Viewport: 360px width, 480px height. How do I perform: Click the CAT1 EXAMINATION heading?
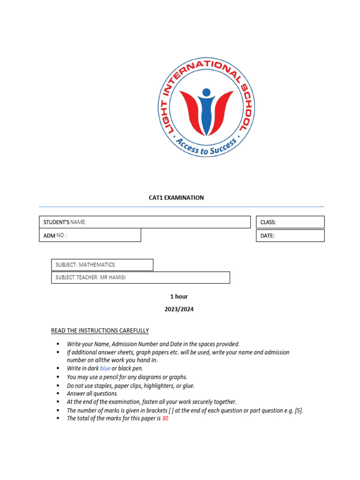(x=176, y=198)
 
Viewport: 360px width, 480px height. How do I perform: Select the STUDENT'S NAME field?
(x=144, y=222)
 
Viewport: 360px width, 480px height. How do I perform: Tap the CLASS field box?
(x=290, y=222)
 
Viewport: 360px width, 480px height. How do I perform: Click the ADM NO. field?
(x=90, y=235)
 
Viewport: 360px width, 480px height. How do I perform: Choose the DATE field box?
(x=290, y=236)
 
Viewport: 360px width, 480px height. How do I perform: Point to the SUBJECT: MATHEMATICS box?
(x=102, y=265)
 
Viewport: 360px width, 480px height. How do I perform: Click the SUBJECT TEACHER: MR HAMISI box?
(x=141, y=277)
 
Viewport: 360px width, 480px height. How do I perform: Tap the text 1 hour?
(x=179, y=297)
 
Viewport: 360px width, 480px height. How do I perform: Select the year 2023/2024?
(x=179, y=309)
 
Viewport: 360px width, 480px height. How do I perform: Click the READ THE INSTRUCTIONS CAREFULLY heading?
(x=100, y=331)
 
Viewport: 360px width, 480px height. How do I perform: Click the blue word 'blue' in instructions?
(x=105, y=368)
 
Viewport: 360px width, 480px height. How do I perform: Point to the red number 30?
(x=165, y=419)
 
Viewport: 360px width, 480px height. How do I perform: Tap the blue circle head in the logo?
(x=206, y=92)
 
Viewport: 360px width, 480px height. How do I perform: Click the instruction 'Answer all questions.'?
(x=92, y=394)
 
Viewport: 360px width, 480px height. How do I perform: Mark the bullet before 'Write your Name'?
(x=58, y=344)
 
